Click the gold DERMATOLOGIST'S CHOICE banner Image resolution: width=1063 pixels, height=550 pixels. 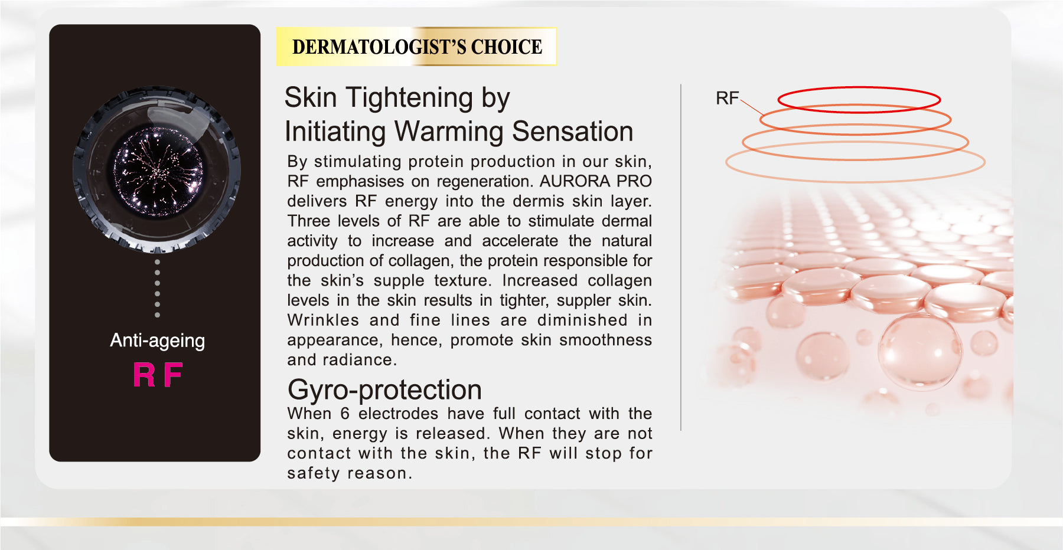416,46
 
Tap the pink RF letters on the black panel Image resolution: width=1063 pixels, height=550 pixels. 158,375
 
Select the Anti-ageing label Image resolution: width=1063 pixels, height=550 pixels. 157,341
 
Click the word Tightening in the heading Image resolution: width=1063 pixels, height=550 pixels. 409,97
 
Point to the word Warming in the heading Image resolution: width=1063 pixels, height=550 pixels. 448,132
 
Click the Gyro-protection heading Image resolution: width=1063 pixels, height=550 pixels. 384,390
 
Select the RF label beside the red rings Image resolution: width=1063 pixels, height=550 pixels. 727,98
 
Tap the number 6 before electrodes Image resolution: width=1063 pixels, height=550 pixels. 345,414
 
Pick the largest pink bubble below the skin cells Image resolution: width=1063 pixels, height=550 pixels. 920,352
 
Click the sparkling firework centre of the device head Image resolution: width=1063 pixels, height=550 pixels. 158,171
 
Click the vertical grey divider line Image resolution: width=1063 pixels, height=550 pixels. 681,257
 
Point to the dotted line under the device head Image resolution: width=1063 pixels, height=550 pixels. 157,288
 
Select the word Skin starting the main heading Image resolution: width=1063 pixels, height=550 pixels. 311,97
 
